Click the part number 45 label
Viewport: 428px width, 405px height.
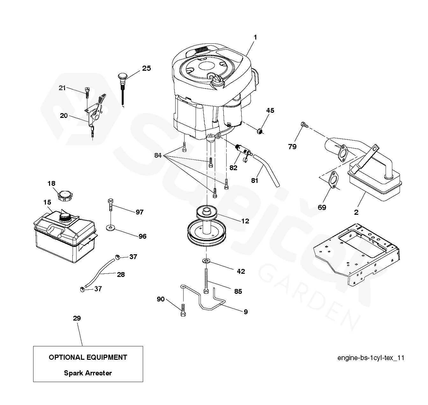pyautogui.click(x=270, y=111)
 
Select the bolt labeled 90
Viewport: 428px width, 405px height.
pyautogui.click(x=183, y=310)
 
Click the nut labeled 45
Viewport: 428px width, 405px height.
pyautogui.click(x=260, y=130)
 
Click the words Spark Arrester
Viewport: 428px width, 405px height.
pyautogui.click(x=88, y=373)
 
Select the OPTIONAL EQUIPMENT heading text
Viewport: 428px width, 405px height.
pyautogui.click(x=88, y=358)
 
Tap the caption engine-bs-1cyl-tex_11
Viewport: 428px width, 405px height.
pyautogui.click(x=371, y=358)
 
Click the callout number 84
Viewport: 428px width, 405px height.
pyautogui.click(x=158, y=155)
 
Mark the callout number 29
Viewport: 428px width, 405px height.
pyautogui.click(x=77, y=318)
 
